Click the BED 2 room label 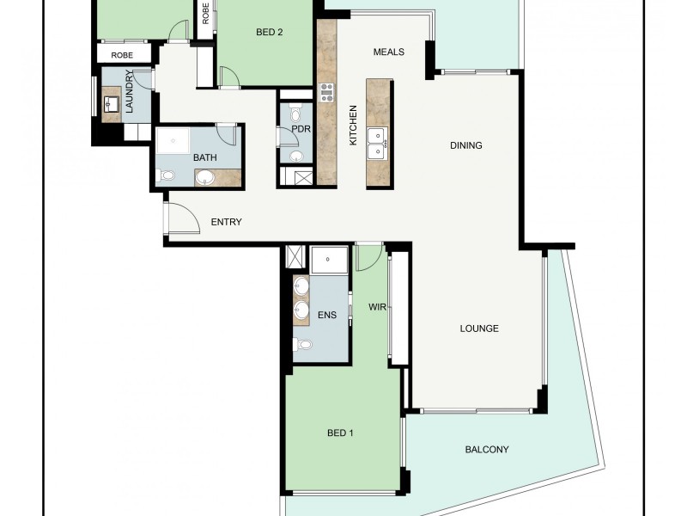269,33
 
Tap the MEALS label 388,52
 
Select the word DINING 466,145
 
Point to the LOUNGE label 479,329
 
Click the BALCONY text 487,449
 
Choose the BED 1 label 340,433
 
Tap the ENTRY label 227,222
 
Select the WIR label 378,306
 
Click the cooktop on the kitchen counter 326,92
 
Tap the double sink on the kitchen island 377,143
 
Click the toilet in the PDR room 295,114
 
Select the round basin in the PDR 296,157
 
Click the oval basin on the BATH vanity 204,177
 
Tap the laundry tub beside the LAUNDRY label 112,106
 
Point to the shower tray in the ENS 329,260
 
